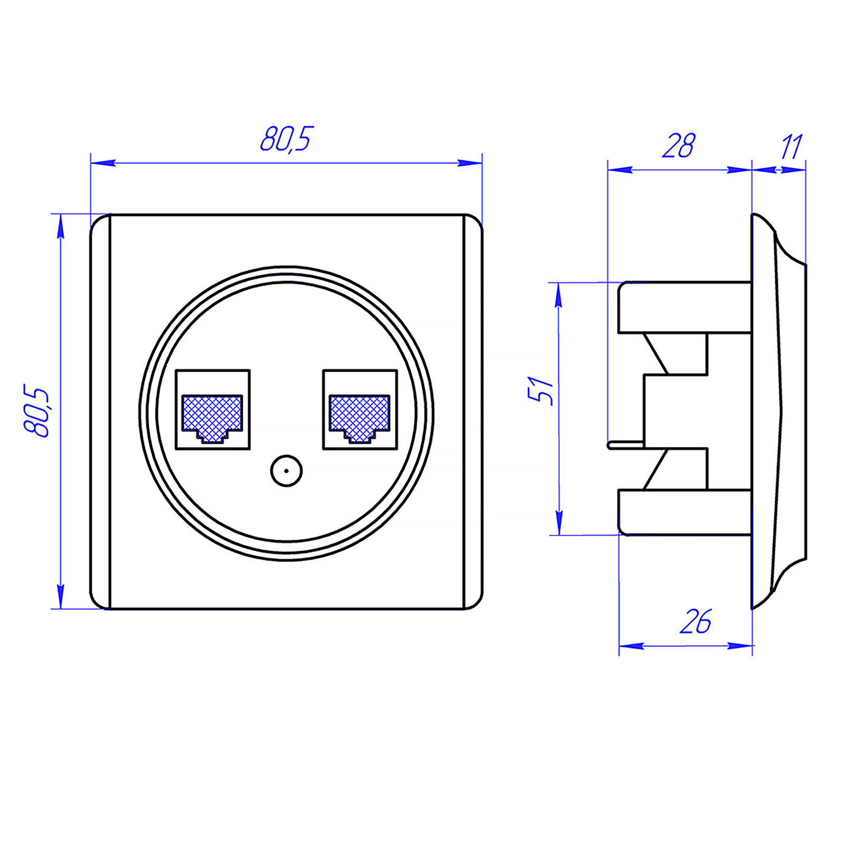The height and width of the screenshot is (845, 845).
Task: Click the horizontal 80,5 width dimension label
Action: (287, 139)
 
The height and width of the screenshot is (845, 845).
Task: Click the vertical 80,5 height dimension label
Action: (36, 411)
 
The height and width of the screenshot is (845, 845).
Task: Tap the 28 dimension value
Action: (679, 146)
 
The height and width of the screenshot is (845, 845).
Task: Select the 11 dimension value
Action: (792, 147)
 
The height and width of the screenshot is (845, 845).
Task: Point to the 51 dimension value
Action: (541, 390)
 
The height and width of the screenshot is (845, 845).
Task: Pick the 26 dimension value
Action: (696, 622)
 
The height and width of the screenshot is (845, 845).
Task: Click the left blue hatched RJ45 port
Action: (212, 418)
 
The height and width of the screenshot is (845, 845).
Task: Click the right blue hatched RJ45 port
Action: (360, 418)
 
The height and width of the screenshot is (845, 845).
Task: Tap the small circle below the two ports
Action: (286, 470)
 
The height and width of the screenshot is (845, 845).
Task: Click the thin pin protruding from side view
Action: (626, 445)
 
